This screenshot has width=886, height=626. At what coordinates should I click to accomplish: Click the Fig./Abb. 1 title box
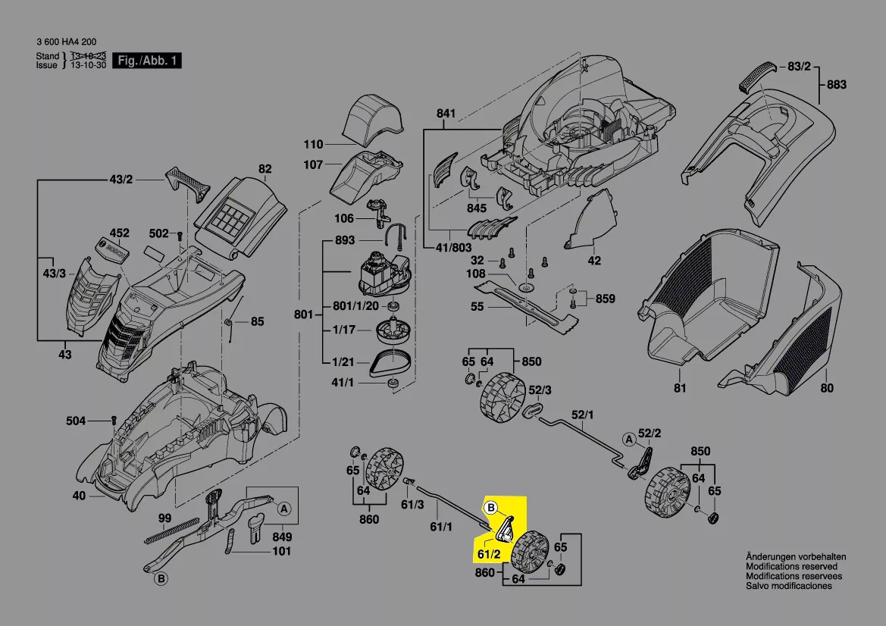pos(147,61)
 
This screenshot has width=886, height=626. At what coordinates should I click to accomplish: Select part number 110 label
pos(313,145)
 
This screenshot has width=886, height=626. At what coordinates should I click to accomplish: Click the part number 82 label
pos(265,169)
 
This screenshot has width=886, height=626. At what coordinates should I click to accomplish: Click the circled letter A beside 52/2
pos(628,439)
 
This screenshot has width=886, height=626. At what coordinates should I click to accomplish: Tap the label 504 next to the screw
pos(75,420)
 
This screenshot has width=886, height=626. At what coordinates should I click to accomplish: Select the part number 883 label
pos(836,85)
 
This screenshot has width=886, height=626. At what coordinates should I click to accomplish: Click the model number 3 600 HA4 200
pos(67,42)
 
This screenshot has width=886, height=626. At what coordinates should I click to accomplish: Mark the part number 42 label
pos(594,261)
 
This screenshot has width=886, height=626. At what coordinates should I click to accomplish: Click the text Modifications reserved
pos(791,567)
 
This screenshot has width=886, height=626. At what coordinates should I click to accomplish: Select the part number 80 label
pos(826,389)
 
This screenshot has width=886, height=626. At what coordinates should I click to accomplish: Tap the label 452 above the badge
pos(120,233)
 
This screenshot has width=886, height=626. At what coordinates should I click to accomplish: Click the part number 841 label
pos(446,114)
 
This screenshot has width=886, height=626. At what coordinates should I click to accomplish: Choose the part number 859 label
pos(606,298)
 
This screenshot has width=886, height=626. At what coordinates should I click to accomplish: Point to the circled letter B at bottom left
pos(161,580)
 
